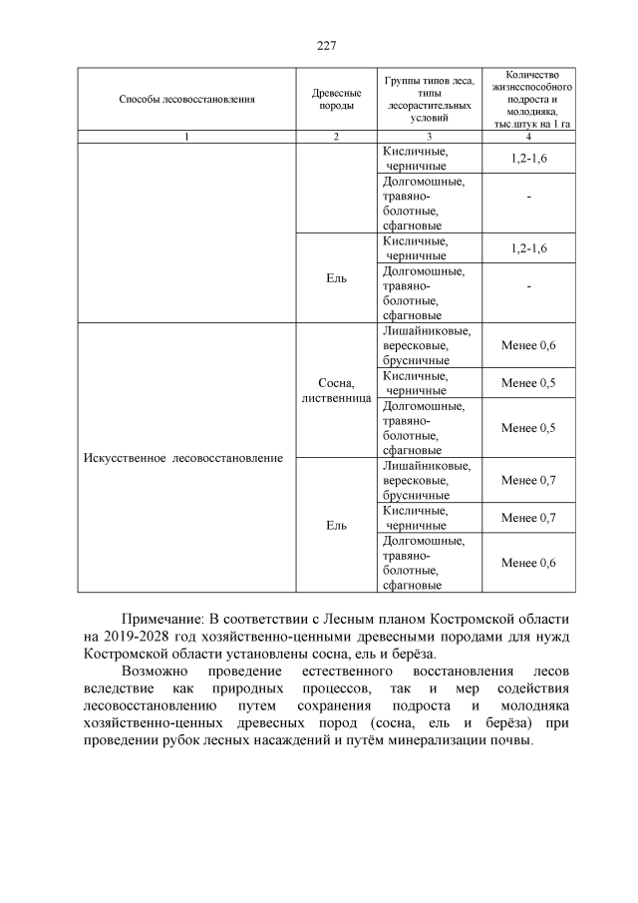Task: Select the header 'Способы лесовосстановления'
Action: tap(186, 99)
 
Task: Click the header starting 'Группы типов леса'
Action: tap(428, 98)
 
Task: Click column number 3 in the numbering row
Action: tap(428, 137)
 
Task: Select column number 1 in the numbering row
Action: tap(186, 137)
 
